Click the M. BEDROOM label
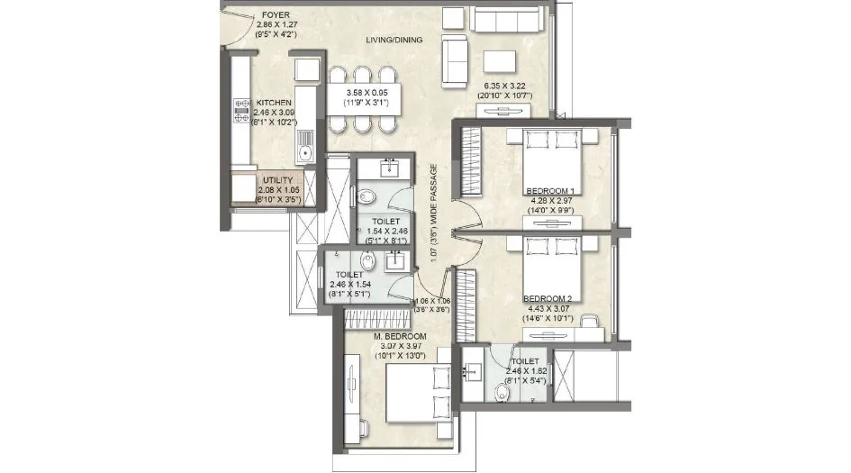pos(399,336)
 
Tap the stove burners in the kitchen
pos(240,112)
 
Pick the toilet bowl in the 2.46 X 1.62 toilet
pos(501,391)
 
